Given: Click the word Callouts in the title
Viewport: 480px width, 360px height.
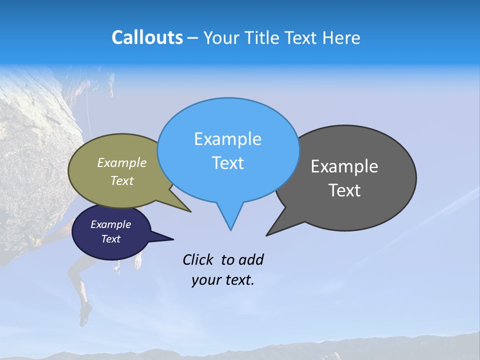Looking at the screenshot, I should click(x=147, y=37).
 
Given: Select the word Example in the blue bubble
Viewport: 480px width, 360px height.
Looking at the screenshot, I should click(x=227, y=139).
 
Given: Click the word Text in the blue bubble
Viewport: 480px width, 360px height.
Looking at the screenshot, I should click(x=227, y=163).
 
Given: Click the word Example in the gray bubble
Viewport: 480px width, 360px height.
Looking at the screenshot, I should click(x=344, y=166).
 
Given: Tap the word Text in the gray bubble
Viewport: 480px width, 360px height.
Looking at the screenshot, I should click(x=344, y=190).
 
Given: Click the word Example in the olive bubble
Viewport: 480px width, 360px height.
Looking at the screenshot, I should click(x=122, y=163).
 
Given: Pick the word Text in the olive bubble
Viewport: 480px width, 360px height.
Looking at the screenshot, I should click(x=122, y=181).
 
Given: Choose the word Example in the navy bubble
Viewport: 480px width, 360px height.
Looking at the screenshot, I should click(x=111, y=224).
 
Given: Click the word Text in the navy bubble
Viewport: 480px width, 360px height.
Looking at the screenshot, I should click(x=111, y=239).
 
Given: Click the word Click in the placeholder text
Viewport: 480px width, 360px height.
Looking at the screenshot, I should click(x=198, y=259).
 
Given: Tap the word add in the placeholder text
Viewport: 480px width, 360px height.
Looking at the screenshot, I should click(x=250, y=259).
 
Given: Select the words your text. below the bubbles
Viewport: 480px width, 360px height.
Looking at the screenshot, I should click(x=223, y=280).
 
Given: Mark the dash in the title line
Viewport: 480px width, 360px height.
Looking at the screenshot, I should click(x=193, y=38).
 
